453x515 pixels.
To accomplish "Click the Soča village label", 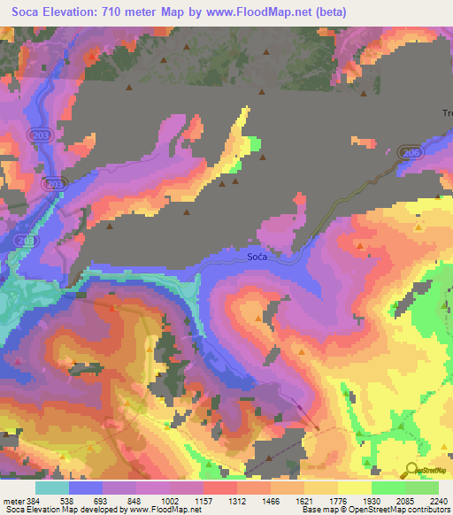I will pos(257,257).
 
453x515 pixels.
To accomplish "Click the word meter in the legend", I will pos(12,500).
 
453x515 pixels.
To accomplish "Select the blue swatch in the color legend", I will pos(86,488).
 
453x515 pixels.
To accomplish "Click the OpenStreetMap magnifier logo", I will pos(411,471).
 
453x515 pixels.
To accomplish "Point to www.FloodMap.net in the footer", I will pos(164,510).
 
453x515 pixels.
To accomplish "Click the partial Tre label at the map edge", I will pos(447,112).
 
